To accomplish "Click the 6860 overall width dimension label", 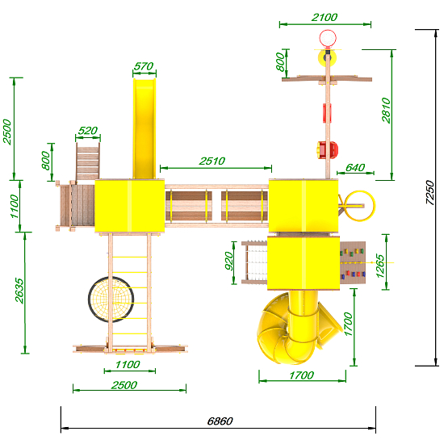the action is click(x=220, y=421).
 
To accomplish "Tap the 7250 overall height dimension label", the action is click(x=429, y=192).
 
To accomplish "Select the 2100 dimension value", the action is click(x=325, y=17).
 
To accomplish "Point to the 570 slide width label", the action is click(x=144, y=66).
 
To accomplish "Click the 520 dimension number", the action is click(x=88, y=131).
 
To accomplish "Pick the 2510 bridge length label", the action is click(x=212, y=161).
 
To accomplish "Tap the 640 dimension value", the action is click(x=355, y=168).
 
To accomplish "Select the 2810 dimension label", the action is click(x=386, y=111).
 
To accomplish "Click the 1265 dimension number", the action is click(x=379, y=266).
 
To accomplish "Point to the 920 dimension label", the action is click(x=228, y=261).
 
